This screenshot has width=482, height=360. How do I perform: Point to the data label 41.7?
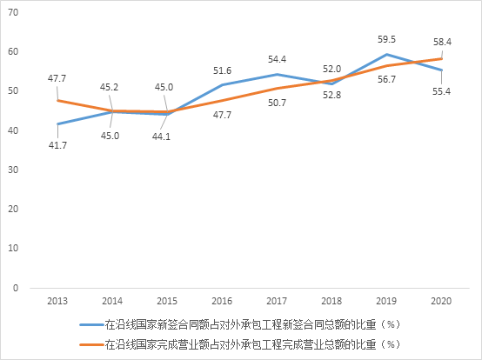click(x=58, y=145)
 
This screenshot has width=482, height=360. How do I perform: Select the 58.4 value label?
click(x=442, y=41)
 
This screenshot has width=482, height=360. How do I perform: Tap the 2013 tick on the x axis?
click(x=58, y=300)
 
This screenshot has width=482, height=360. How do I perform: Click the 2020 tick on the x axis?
click(x=442, y=300)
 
